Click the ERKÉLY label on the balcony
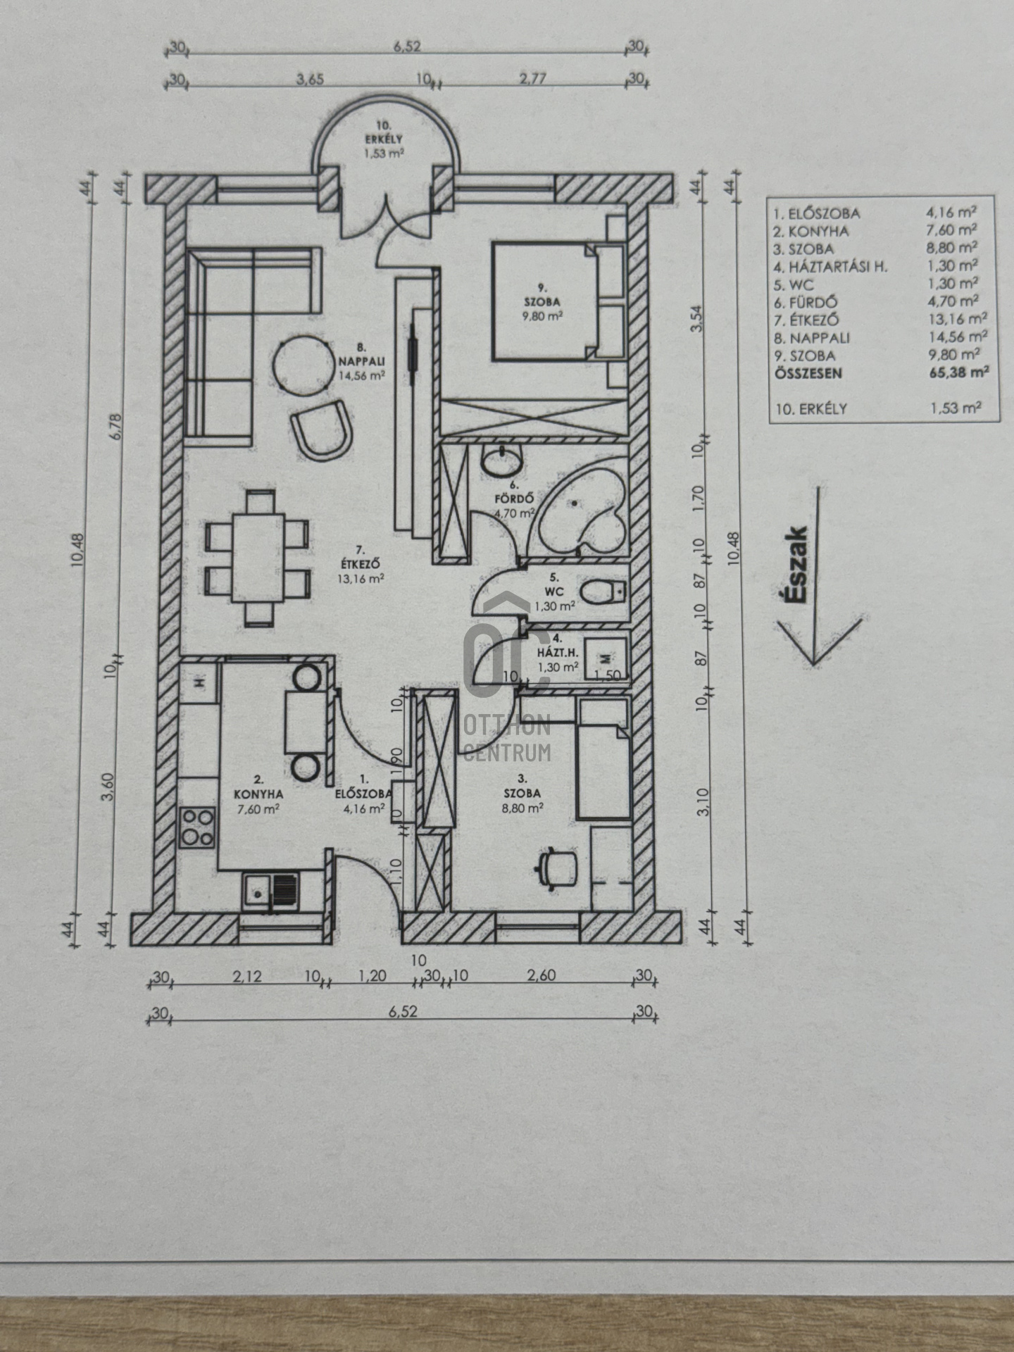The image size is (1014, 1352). tap(384, 139)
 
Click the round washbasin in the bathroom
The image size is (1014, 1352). tap(501, 461)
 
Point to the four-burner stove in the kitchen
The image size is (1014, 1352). tap(198, 828)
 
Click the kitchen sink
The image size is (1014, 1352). tap(270, 891)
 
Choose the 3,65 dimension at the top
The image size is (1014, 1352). tap(310, 79)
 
